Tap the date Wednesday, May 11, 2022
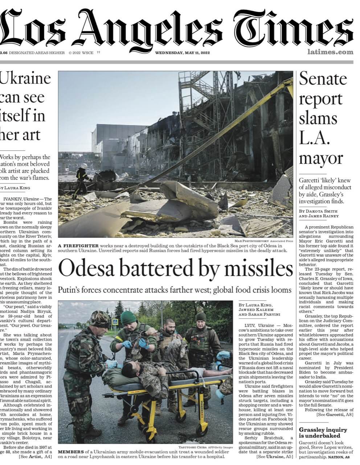click(183, 53)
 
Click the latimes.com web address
click(330, 52)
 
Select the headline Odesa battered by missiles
click(175, 269)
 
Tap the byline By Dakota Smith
click(318, 211)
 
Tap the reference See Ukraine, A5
click(274, 456)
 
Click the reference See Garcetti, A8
click(335, 414)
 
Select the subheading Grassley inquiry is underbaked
click(323, 432)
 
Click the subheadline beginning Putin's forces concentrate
click(175, 290)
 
